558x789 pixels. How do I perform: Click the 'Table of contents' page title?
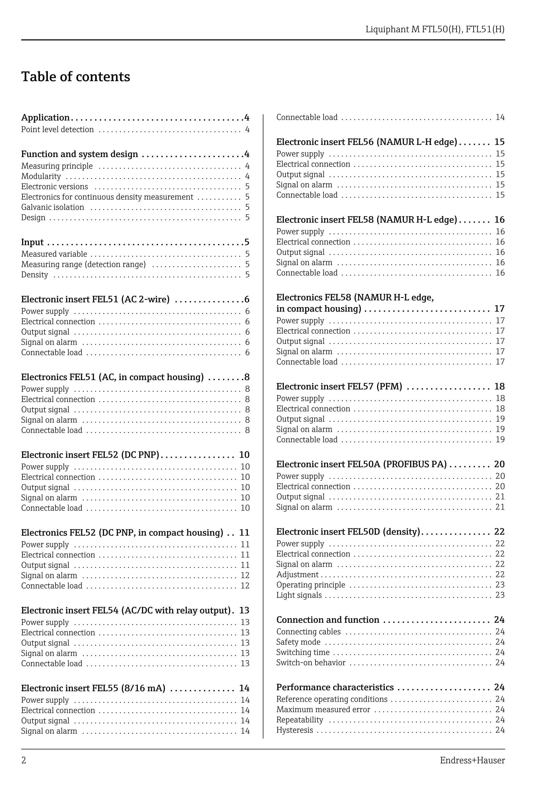76,77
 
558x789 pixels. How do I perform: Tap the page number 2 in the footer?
24,760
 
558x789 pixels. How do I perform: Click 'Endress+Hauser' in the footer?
472,760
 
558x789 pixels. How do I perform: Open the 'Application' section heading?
46,118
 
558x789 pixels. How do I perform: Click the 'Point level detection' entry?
57,130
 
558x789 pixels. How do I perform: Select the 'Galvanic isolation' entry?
53,207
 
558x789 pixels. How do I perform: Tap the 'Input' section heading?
32,242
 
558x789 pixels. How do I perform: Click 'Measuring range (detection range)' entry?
84,264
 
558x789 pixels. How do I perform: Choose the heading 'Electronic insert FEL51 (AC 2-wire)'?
95,299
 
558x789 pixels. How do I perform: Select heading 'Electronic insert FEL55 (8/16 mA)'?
93,688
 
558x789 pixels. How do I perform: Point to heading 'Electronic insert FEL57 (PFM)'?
339,387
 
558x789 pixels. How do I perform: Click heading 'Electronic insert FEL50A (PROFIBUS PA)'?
361,464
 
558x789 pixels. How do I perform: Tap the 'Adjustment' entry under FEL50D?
298,574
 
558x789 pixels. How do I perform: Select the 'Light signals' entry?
299,595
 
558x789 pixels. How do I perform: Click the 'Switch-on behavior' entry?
311,663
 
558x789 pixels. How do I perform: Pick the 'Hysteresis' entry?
295,730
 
